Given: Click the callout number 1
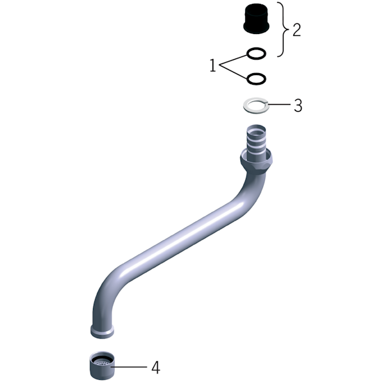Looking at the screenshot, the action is pyautogui.click(x=212, y=65).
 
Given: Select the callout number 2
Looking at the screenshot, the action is pyautogui.click(x=296, y=30).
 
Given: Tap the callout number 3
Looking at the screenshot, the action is pyautogui.click(x=298, y=105).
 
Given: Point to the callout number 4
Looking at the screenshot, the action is pyautogui.click(x=156, y=368).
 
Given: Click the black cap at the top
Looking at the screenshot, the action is pyautogui.click(x=256, y=19).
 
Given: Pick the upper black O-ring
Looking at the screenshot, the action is pyautogui.click(x=256, y=53).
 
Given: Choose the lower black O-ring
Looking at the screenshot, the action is pyautogui.click(x=256, y=78).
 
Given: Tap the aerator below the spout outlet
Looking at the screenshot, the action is pyautogui.click(x=102, y=365).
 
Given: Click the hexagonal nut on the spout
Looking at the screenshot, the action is pyautogui.click(x=256, y=163).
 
